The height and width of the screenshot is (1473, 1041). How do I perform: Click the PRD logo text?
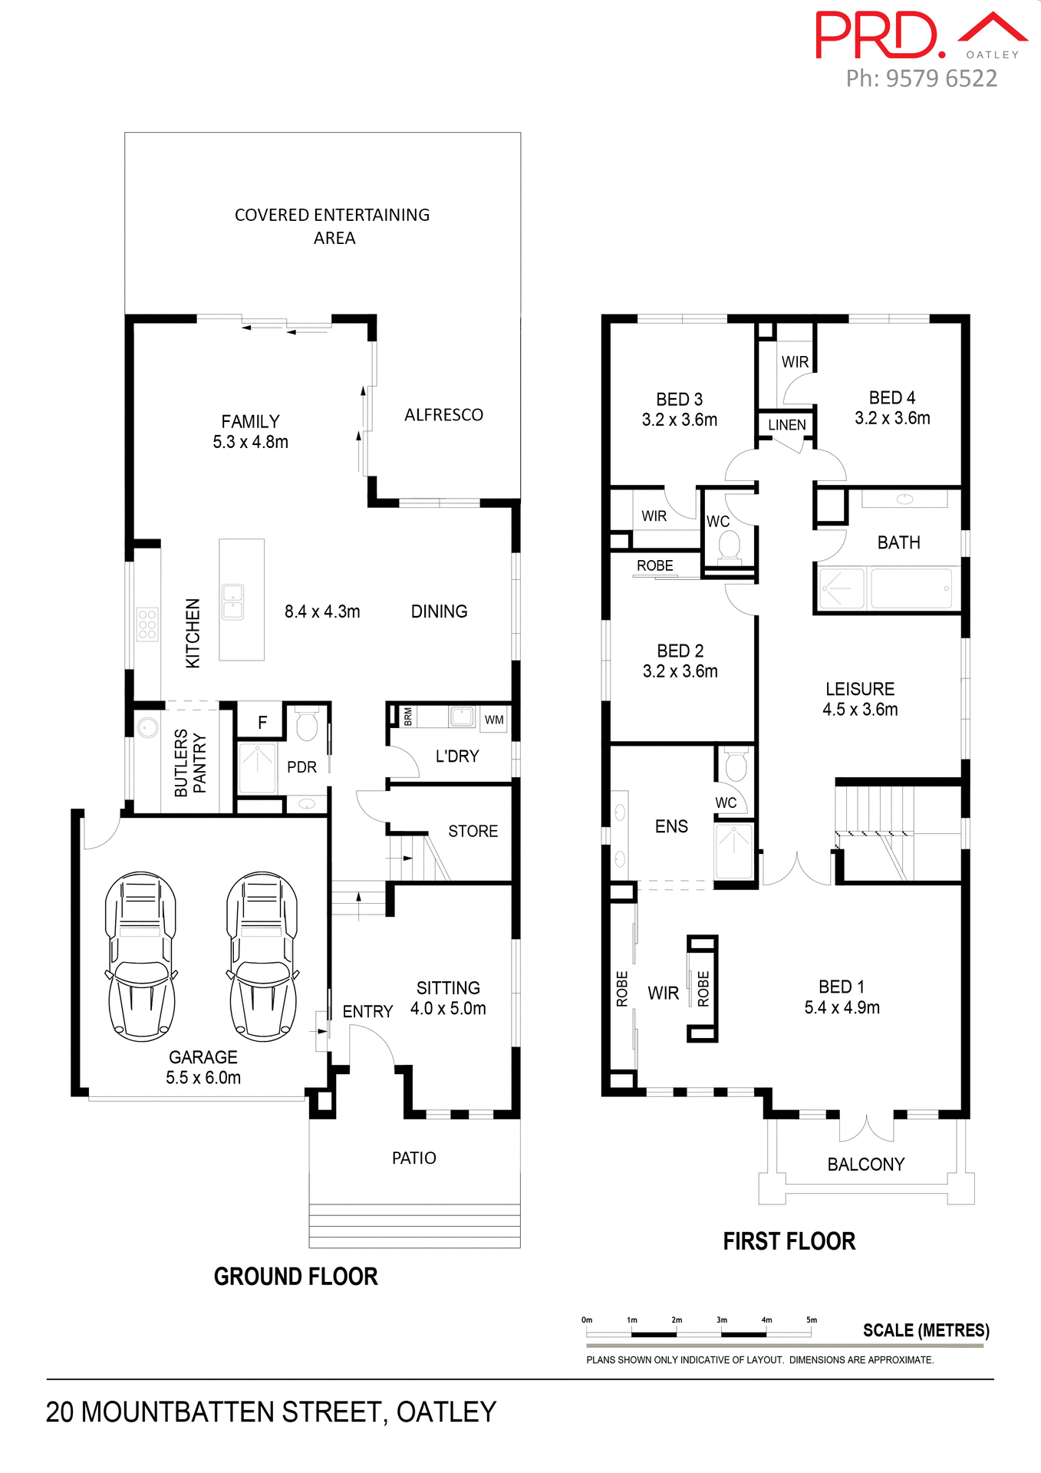pos(879,36)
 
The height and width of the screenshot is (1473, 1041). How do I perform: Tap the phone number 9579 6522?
pos(941,78)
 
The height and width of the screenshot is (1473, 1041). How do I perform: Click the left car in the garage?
pos(141,957)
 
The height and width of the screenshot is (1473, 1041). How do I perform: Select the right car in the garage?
pos(262,957)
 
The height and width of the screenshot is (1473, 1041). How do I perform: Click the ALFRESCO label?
pos(443,415)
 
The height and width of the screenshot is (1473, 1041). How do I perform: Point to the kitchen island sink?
pos(232,602)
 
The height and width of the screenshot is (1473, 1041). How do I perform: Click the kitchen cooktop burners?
pos(147,624)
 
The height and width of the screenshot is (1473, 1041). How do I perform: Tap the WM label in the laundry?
pos(494,720)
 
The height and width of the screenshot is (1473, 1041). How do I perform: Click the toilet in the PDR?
pos(307,725)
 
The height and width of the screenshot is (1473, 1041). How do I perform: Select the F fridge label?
pos(262,722)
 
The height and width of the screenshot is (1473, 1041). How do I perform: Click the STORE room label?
pos(473,832)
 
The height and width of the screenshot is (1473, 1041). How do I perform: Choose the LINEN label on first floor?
pos(787,425)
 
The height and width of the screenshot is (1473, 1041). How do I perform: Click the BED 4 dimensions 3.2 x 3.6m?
pos(892,419)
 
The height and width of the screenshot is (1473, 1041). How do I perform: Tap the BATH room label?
pos(898,543)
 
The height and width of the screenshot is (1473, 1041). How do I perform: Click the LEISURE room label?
pos(860,689)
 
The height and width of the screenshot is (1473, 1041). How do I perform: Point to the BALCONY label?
pos(865,1165)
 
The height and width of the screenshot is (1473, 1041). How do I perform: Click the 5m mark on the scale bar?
pos(812,1320)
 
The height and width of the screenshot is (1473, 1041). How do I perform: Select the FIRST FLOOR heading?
pos(789,1242)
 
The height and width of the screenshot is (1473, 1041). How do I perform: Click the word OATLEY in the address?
pos(446,1412)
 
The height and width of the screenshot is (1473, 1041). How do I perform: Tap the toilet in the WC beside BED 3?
pos(729,547)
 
